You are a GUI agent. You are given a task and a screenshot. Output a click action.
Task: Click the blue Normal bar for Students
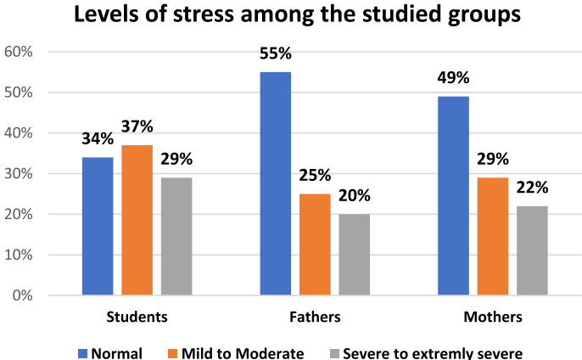[x=98, y=226]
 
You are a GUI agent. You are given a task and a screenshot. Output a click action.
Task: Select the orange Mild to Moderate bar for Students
[x=137, y=220]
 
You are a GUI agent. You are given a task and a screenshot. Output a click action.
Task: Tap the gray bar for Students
[x=176, y=236]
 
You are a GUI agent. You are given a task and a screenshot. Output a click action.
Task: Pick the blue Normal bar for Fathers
[x=276, y=183]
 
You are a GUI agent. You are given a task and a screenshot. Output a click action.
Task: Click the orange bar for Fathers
[x=315, y=245]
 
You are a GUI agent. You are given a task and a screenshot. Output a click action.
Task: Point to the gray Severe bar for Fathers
[x=354, y=255]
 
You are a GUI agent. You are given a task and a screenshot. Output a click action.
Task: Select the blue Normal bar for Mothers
[x=453, y=195]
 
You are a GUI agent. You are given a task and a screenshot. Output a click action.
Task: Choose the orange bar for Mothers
[x=492, y=236]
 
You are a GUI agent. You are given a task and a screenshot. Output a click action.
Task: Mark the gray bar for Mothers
[x=531, y=250]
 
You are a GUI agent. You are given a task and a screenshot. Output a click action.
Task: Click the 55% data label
[x=276, y=54]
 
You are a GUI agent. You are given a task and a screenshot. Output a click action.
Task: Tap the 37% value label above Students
[x=137, y=127]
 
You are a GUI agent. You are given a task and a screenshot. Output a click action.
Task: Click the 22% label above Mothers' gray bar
[x=531, y=188]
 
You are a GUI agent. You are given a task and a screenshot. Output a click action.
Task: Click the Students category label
[x=137, y=317]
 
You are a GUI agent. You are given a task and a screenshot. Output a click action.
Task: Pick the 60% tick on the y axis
[x=19, y=52]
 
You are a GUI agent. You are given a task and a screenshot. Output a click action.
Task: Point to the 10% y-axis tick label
[x=19, y=255]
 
